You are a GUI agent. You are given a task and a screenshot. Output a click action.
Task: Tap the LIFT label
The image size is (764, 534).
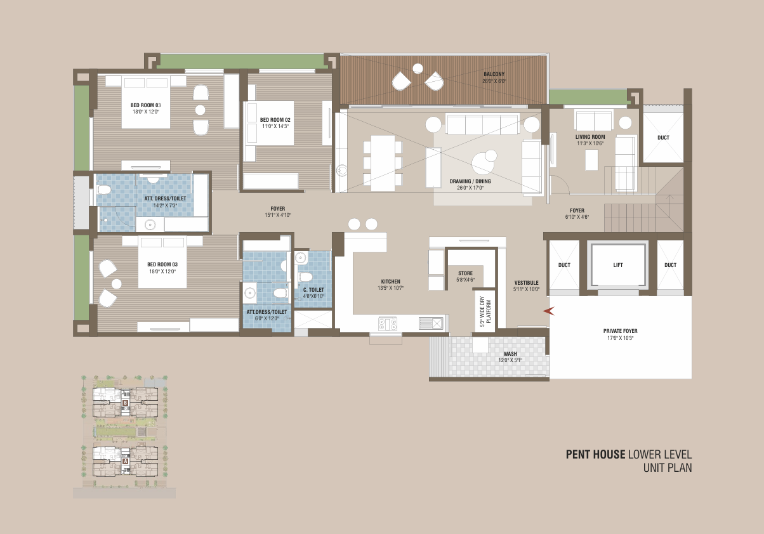pos(617,265)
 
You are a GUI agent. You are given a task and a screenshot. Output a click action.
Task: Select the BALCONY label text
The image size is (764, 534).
pos(494,74)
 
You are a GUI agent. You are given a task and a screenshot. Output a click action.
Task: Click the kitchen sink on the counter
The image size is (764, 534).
pos(431,323)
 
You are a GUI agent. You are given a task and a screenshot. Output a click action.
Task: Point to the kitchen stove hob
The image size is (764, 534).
pos(388,323)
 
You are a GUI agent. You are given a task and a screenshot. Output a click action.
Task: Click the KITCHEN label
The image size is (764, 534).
pos(390,282)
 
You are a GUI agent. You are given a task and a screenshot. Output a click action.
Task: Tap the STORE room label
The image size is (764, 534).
pos(465,273)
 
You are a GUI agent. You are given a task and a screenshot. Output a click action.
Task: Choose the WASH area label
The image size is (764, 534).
pos(510,354)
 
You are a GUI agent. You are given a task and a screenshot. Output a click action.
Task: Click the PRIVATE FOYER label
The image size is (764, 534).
pos(620,331)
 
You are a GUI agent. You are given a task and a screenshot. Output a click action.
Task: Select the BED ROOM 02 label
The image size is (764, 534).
pos(275,120)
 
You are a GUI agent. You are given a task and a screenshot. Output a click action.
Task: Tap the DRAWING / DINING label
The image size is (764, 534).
pos(470,181)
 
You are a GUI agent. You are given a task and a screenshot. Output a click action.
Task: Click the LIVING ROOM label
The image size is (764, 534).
pos(590,137)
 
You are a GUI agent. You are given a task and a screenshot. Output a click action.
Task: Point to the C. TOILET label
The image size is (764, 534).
pos(313,290)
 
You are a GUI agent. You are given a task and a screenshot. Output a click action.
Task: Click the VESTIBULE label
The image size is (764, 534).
pos(526,282)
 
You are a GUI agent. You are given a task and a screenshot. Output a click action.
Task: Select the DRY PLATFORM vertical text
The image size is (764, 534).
pos(485,311)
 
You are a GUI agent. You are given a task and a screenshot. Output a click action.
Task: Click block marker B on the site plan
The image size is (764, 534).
pos(125,403)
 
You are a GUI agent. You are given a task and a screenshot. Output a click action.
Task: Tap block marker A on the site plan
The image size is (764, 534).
pos(125,461)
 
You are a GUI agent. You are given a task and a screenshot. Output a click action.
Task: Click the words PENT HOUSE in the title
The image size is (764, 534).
pos(595,454)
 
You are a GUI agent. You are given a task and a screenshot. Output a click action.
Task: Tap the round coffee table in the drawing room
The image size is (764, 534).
pos(483,164)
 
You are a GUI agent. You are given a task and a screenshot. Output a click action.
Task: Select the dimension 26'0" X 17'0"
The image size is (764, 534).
pos(470,188)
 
